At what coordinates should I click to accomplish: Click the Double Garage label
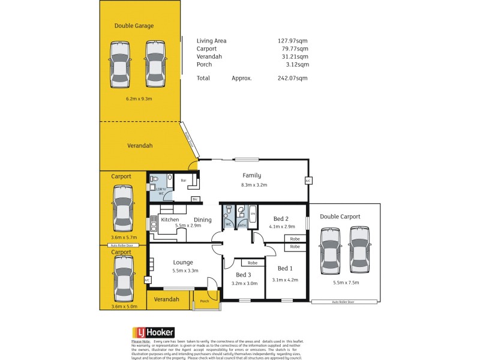click(x=134, y=26)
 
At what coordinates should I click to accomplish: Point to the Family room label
click(x=251, y=175)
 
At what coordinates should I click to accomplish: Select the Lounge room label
click(x=183, y=262)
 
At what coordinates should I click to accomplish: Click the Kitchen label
click(x=170, y=220)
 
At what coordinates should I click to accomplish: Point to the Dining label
click(x=202, y=220)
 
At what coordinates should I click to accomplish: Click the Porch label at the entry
click(x=204, y=301)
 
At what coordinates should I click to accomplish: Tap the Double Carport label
click(x=340, y=216)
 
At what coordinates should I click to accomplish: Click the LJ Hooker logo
click(x=153, y=332)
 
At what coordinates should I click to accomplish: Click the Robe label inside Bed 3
click(x=253, y=263)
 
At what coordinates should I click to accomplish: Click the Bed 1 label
click(x=285, y=268)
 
